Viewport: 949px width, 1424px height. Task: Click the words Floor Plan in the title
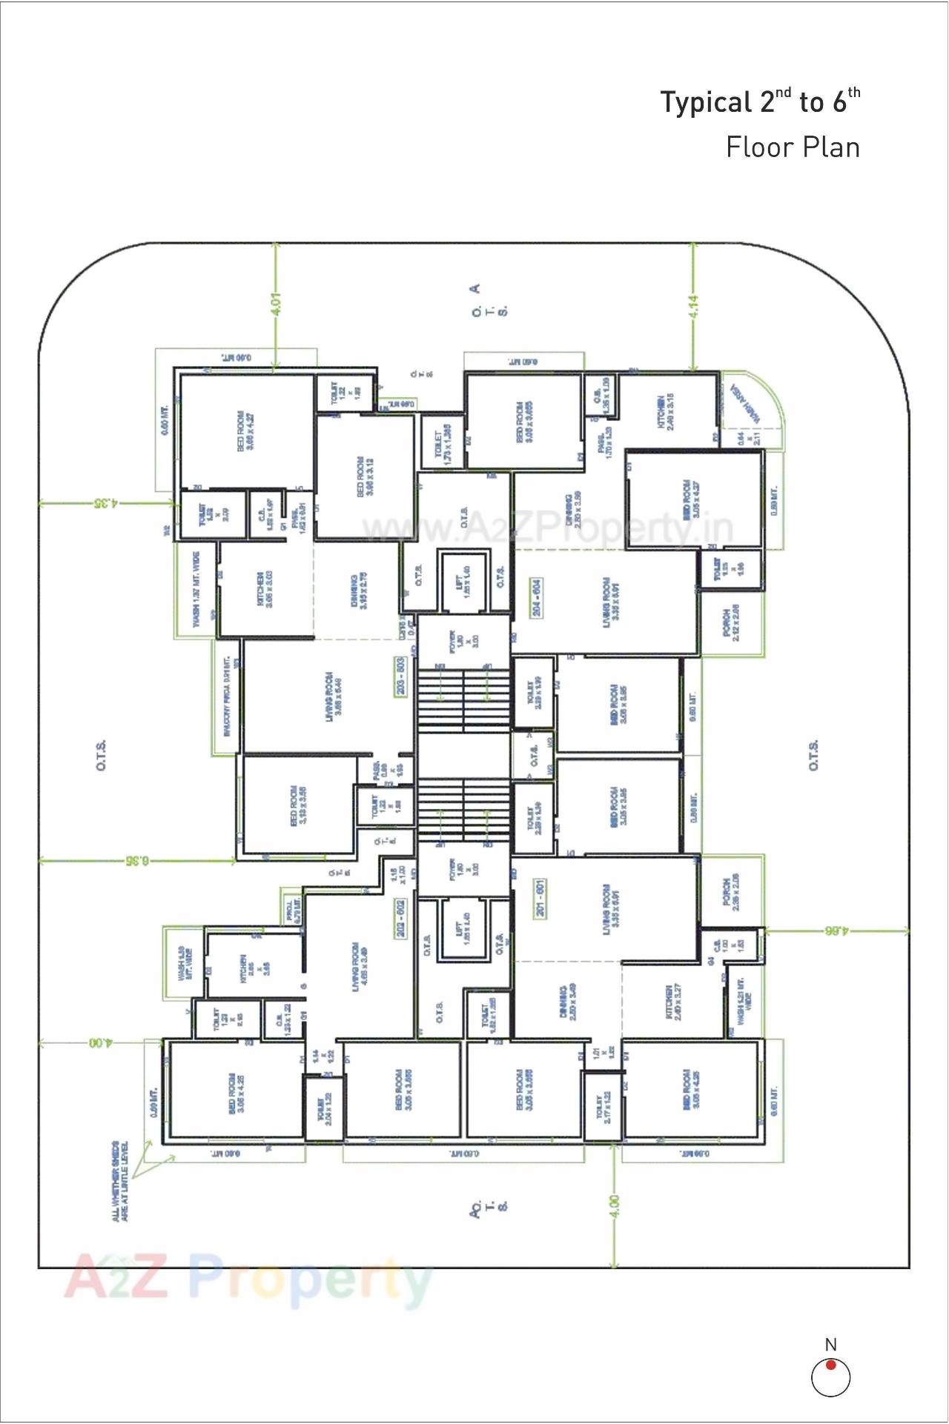(x=793, y=147)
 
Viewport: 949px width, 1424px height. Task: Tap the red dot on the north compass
(x=831, y=1365)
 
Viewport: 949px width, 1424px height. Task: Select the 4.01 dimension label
(x=276, y=304)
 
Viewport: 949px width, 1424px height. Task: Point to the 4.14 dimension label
(x=693, y=307)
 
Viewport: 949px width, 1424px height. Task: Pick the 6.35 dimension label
(x=137, y=860)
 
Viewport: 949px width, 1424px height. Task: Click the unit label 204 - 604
(x=536, y=597)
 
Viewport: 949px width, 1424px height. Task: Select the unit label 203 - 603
(x=400, y=676)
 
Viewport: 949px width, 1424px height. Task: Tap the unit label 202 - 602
(x=400, y=919)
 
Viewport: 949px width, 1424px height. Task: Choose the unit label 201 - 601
(x=540, y=899)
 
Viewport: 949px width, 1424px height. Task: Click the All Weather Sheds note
(x=119, y=1181)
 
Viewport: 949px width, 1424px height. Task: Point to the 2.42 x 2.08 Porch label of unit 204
(x=731, y=623)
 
